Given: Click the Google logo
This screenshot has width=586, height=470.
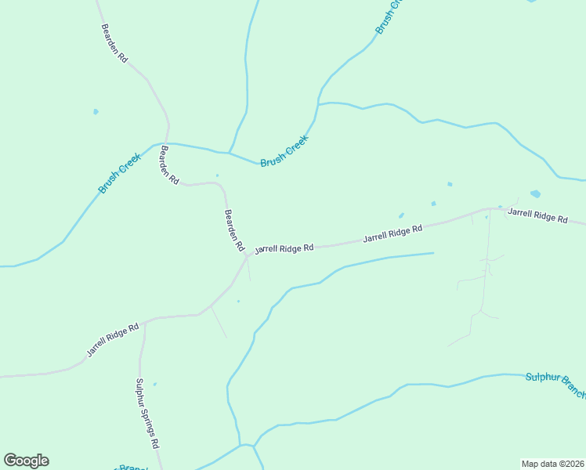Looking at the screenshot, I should coord(26,461).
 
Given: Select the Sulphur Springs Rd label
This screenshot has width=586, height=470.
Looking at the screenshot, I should coord(147,413).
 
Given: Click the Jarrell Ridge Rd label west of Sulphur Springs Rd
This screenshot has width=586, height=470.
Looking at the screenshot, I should coord(113,340).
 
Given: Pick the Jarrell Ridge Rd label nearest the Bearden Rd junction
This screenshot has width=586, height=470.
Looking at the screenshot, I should coord(284,248).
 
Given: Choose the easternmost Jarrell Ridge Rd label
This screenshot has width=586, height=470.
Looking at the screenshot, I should coord(537,215).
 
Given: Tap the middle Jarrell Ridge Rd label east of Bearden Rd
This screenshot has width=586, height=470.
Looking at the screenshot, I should coord(392,233).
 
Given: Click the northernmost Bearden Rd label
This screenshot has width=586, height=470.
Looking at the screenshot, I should coord(114,43).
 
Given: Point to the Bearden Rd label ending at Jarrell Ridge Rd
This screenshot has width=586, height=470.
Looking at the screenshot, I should coord(234,230).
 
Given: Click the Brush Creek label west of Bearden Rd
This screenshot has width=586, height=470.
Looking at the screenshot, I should coord(119,174).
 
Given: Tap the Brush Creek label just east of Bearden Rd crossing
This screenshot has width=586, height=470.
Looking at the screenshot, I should coord(285,150).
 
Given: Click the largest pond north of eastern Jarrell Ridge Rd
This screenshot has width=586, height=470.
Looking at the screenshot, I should coord(535,193).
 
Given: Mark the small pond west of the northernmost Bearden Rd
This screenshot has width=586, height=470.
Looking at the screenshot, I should coord(96,112).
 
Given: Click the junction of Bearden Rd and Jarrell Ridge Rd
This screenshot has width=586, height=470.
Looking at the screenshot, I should coord(247,255).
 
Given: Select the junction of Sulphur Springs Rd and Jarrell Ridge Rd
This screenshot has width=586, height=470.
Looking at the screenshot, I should coord(146,321).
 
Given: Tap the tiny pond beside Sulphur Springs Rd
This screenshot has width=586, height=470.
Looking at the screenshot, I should coord(154,384).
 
